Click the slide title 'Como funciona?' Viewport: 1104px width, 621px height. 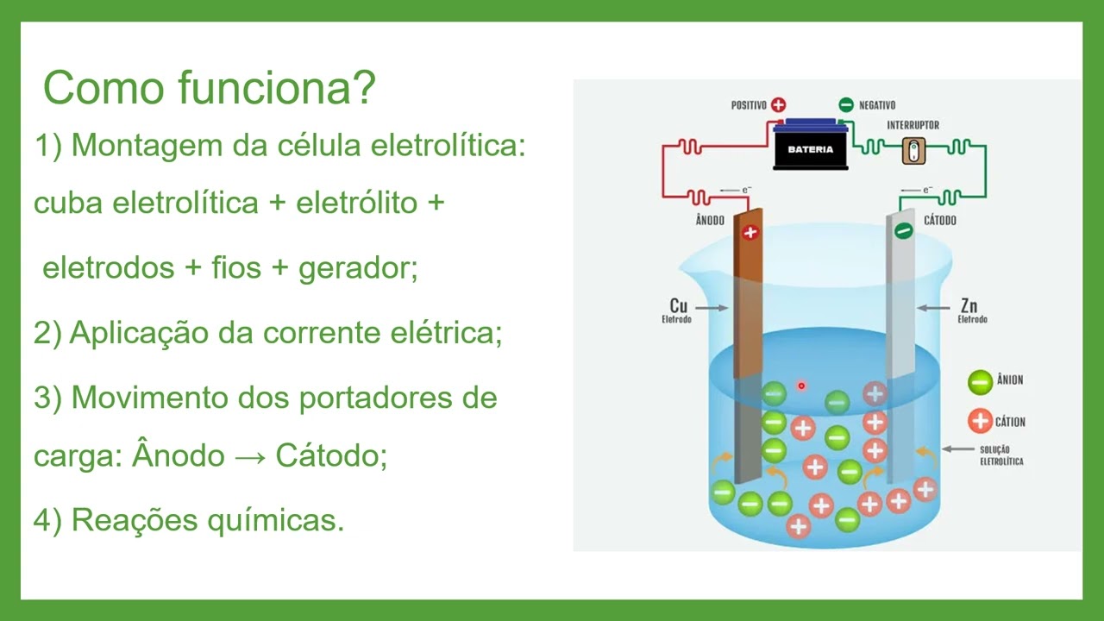(x=210, y=88)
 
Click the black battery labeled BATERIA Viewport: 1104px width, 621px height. (x=810, y=147)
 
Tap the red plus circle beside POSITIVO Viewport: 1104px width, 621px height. (x=778, y=105)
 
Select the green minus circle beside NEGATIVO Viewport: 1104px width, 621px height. (x=844, y=105)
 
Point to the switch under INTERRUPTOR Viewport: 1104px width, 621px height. (x=913, y=151)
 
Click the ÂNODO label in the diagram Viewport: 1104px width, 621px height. (x=711, y=221)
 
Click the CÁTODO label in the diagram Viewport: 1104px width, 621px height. (x=939, y=221)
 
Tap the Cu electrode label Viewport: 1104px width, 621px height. (x=679, y=306)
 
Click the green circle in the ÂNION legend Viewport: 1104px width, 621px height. (x=980, y=380)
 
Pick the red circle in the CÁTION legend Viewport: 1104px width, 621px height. (x=980, y=422)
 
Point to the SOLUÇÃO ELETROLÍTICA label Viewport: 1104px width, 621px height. (x=1001, y=455)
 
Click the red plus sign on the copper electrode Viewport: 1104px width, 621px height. (x=750, y=232)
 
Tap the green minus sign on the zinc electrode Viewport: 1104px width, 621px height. (x=903, y=231)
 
